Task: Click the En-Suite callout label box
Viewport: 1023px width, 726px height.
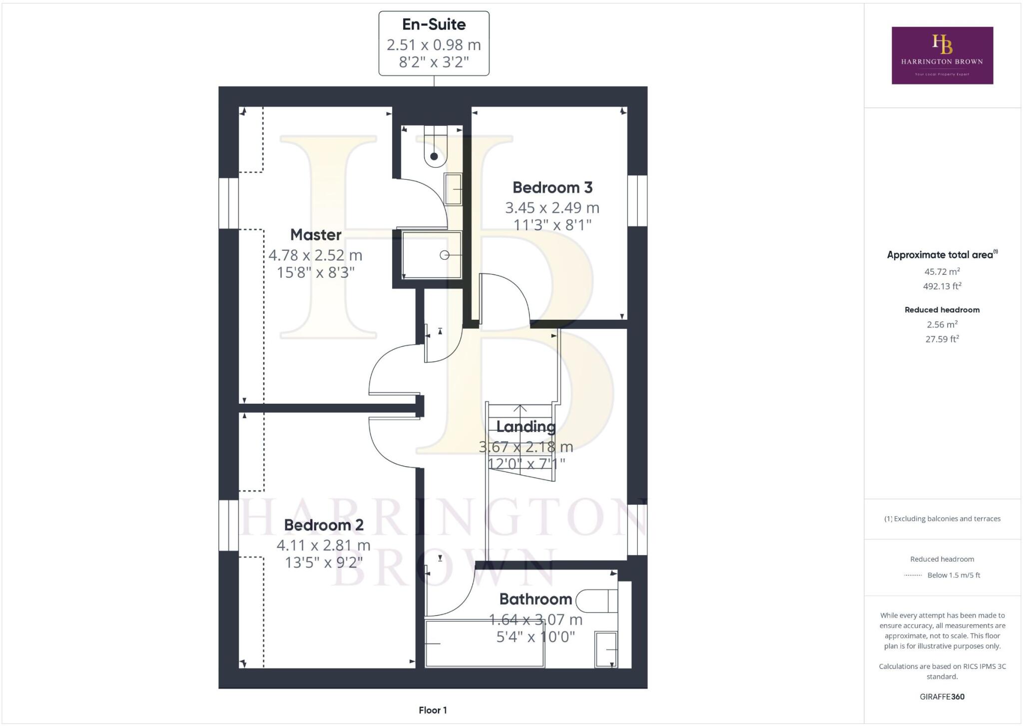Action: tap(434, 43)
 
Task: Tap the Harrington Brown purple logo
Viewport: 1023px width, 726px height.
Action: tap(942, 55)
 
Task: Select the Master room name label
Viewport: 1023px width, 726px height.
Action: tap(316, 235)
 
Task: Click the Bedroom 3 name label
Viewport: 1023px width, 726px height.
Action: tap(552, 188)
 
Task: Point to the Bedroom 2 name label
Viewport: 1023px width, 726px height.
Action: tap(324, 525)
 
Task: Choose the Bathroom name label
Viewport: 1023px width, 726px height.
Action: tap(535, 599)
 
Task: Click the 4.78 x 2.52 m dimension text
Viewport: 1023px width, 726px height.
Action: tap(315, 255)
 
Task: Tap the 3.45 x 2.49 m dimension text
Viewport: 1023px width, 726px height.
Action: tap(552, 207)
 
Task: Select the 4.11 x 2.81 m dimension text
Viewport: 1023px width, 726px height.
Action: tap(324, 545)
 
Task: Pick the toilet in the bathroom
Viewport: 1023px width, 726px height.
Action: tap(597, 601)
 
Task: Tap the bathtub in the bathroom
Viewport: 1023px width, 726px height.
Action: tap(484, 644)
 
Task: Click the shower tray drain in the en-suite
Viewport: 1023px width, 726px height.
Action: tap(444, 255)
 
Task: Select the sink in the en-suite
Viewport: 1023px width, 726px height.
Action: tap(453, 189)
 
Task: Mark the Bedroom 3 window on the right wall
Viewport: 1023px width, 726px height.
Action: tap(637, 200)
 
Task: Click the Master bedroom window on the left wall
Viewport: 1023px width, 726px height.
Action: tap(229, 203)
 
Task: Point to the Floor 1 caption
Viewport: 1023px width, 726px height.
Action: tap(433, 710)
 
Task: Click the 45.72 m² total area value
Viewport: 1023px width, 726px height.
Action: tap(942, 272)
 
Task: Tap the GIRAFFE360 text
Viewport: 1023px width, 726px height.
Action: tap(942, 697)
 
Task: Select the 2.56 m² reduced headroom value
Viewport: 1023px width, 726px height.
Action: tap(942, 325)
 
